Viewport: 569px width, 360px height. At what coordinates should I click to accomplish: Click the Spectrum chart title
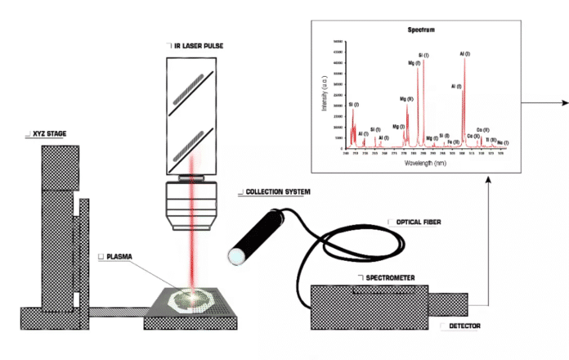click(x=421, y=29)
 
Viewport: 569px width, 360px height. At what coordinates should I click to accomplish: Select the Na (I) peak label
click(x=502, y=142)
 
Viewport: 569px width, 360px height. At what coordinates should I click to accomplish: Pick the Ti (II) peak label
click(x=491, y=140)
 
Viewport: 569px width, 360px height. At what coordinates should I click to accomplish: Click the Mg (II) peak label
click(x=407, y=99)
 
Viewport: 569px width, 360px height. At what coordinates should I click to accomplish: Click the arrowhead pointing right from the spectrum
click(x=563, y=103)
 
